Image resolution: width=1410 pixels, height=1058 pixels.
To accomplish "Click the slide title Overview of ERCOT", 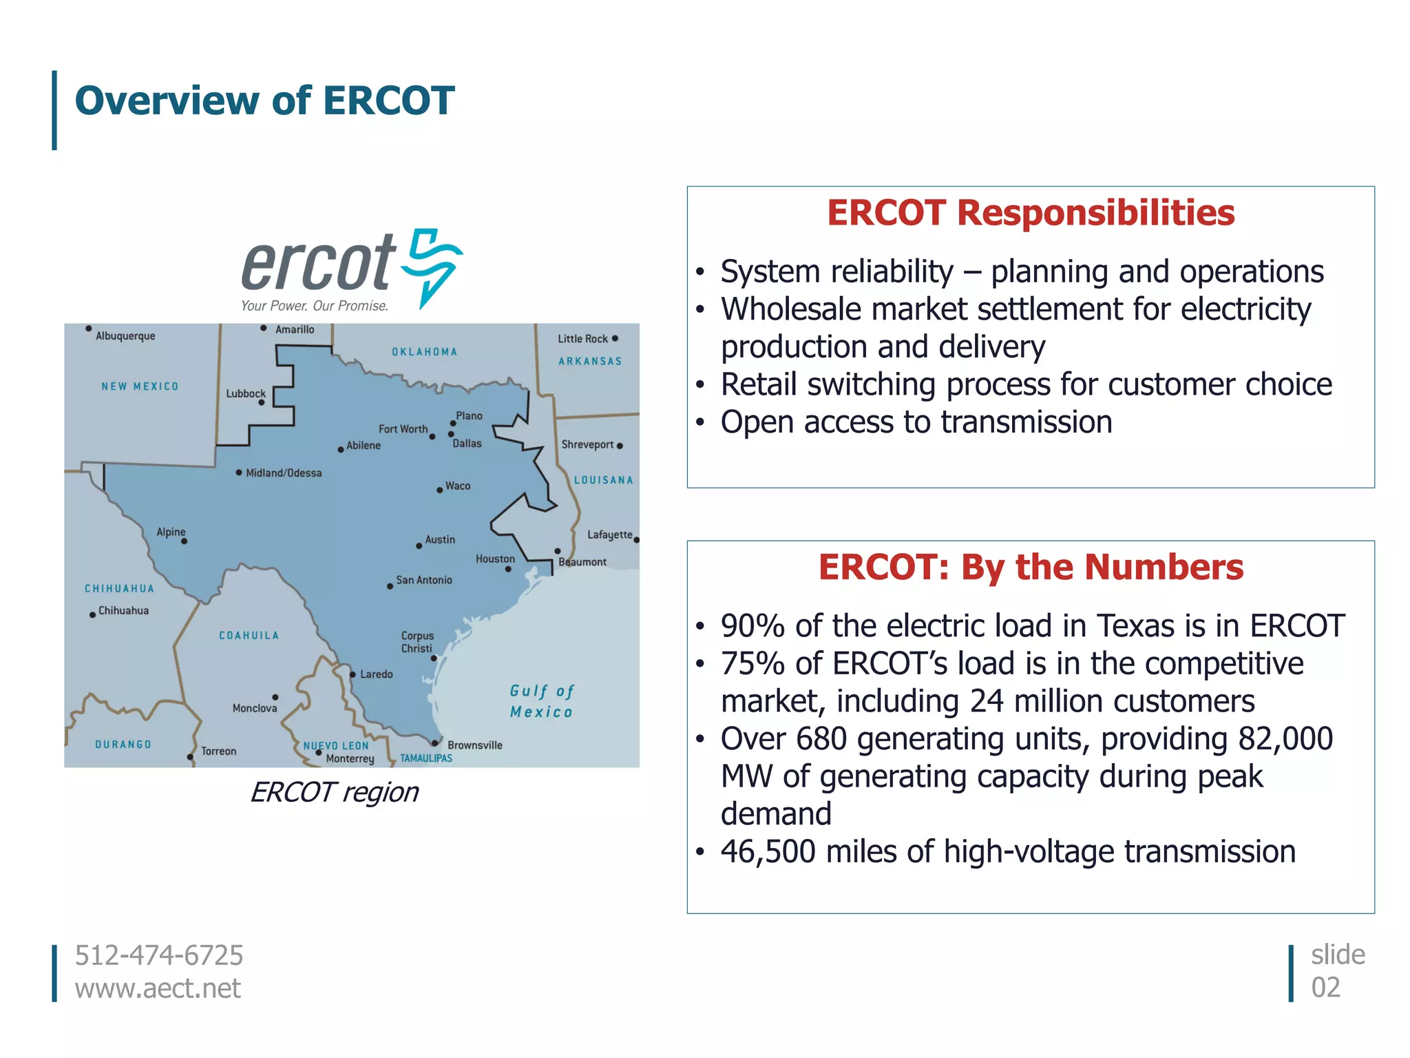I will click(264, 101).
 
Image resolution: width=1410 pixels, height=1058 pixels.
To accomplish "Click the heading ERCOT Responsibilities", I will click(1030, 213).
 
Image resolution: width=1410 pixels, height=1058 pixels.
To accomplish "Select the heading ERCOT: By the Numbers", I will click(1030, 568).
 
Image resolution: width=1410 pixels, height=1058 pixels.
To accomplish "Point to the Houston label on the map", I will click(495, 559).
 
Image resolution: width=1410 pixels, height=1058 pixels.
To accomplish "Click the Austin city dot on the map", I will click(419, 546).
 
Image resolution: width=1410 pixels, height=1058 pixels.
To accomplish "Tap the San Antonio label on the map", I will click(424, 580).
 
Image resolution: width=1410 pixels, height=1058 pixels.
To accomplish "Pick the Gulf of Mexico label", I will click(542, 701).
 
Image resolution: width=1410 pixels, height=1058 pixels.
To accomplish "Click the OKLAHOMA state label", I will click(424, 352).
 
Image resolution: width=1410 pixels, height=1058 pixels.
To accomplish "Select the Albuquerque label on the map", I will click(125, 336).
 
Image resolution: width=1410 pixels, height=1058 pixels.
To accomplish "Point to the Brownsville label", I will click(475, 745).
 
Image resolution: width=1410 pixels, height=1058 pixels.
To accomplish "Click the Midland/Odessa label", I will click(284, 473).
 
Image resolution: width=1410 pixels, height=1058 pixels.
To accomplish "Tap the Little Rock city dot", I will click(615, 338).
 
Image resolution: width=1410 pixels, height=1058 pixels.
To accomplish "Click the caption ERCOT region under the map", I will click(334, 793).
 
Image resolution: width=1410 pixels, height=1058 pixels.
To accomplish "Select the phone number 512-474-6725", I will click(159, 955).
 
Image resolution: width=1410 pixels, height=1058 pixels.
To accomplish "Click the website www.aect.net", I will click(158, 988).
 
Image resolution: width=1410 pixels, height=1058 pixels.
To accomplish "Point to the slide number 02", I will click(1325, 988).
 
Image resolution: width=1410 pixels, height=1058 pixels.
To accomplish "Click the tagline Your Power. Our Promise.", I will click(315, 306).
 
